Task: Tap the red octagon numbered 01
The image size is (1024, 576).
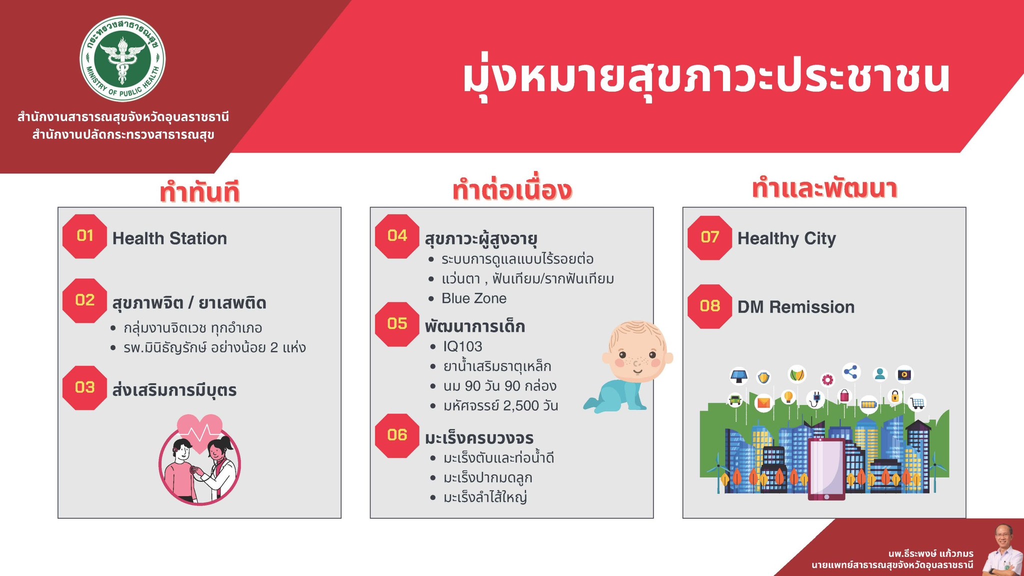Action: [85, 236]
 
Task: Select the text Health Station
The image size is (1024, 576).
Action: [169, 238]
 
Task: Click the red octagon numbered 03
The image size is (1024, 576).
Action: [85, 387]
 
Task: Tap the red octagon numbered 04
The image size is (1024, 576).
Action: [397, 236]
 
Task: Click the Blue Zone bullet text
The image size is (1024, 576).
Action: [474, 298]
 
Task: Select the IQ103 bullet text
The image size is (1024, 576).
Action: [462, 346]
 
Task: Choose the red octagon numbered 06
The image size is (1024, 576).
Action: [397, 435]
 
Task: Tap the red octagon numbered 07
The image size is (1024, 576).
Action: [710, 237]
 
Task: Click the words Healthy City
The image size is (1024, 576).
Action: [786, 238]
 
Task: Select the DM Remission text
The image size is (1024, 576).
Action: [796, 307]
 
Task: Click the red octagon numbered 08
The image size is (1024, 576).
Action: [710, 306]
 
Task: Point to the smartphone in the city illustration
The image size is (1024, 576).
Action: [826, 469]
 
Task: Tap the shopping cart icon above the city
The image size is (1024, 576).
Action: [916, 402]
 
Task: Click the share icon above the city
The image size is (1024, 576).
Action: [850, 372]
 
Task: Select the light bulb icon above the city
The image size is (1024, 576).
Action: [788, 397]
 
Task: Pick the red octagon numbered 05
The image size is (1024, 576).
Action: [397, 324]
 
